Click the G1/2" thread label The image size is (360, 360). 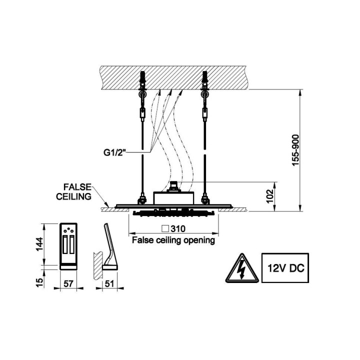point(115,152)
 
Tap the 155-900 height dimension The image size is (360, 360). point(295,150)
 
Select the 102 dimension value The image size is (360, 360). point(270,196)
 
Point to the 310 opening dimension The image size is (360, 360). point(178,228)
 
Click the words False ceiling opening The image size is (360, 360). point(173,240)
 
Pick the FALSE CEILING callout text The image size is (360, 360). point(74,191)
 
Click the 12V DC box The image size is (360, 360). point(285,268)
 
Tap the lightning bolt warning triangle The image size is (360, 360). point(242,269)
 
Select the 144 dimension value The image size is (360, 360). point(39,244)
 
